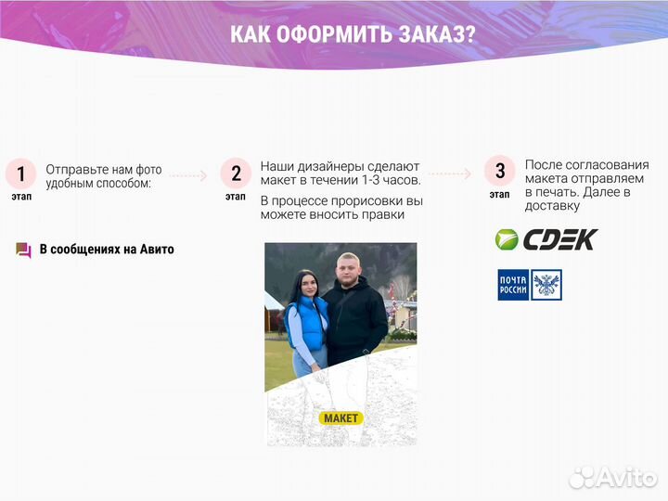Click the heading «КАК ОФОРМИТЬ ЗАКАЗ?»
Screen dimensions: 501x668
pyautogui.click(x=353, y=35)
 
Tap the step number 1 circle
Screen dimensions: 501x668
pyautogui.click(x=20, y=173)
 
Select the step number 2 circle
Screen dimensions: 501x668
pyautogui.click(x=236, y=173)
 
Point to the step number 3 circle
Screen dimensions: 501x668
pyautogui.click(x=500, y=171)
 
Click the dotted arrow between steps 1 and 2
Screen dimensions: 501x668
pyautogui.click(x=188, y=174)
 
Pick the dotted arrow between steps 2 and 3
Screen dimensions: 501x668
pyautogui.click(x=450, y=173)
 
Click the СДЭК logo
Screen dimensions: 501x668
pyautogui.click(x=546, y=239)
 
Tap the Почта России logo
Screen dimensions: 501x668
pyautogui.click(x=529, y=285)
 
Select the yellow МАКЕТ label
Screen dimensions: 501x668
pyautogui.click(x=340, y=418)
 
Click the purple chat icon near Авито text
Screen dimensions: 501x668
pyautogui.click(x=24, y=250)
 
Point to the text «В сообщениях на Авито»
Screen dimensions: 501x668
pyautogui.click(x=107, y=250)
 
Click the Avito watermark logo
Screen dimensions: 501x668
pyautogui.click(x=613, y=477)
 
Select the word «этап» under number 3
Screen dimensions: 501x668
pyautogui.click(x=499, y=195)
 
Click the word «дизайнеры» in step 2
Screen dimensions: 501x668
pyautogui.click(x=329, y=165)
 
